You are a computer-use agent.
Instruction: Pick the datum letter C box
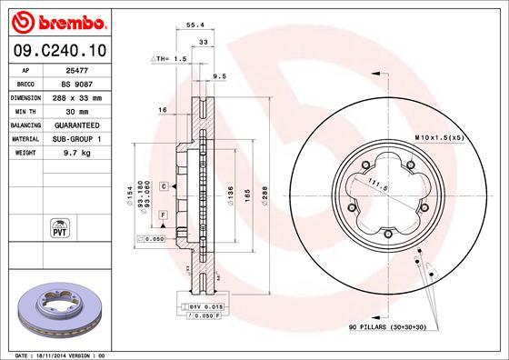tap(163, 185)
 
